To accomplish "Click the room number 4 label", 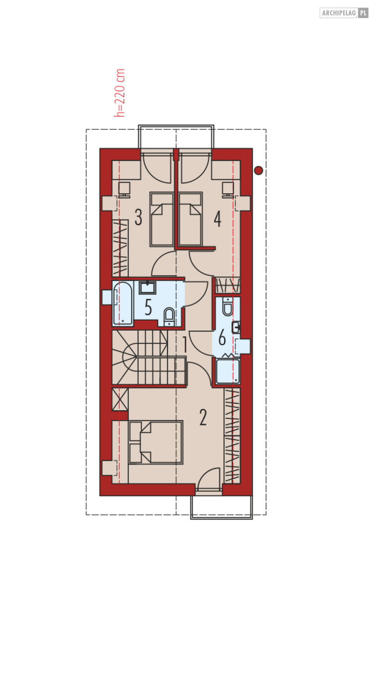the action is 218,219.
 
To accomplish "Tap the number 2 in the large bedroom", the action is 203,417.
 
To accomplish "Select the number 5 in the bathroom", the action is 148,307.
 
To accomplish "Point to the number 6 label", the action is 222,337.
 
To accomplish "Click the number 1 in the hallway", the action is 185,344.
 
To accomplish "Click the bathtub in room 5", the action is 123,303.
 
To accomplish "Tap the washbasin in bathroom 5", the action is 147,287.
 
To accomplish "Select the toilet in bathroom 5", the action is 169,317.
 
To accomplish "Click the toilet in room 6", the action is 227,306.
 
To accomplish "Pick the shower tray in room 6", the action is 228,371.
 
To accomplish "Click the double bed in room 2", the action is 156,442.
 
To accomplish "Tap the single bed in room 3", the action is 162,219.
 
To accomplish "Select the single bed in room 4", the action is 190,219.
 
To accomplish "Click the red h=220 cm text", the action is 120,93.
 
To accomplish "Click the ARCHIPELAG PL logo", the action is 344,13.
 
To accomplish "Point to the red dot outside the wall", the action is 258,171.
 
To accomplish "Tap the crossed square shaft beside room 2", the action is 120,399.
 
